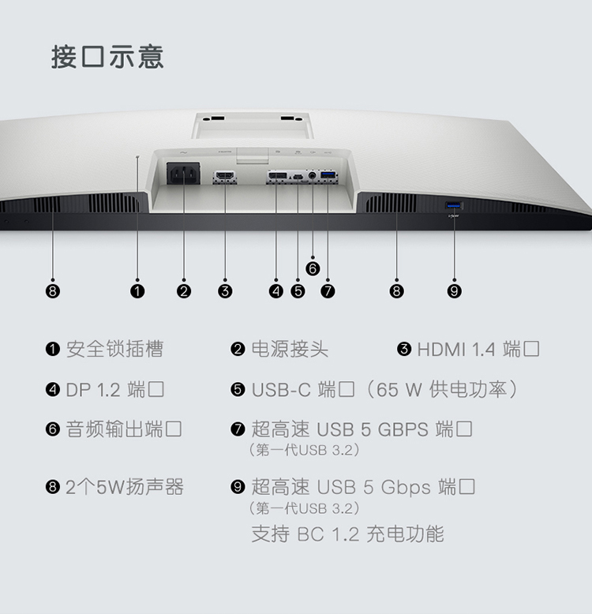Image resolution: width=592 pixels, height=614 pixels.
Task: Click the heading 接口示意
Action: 107,58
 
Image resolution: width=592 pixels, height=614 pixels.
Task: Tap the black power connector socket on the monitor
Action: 183,173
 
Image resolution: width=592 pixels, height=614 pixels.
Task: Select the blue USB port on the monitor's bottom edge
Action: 455,206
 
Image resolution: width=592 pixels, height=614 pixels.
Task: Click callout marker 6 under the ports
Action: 313,268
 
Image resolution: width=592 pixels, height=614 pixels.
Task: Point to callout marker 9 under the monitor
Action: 454,291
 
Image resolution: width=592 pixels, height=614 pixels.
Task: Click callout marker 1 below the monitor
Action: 137,291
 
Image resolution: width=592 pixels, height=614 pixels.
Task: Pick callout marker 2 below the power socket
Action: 184,291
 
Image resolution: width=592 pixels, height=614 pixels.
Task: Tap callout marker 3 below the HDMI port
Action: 225,291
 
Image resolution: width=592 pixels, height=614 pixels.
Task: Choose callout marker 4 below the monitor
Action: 275,291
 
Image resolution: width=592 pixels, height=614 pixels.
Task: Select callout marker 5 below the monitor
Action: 298,291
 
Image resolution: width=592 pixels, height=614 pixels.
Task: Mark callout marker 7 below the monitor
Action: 328,291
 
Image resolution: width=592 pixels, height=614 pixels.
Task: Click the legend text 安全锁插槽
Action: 114,349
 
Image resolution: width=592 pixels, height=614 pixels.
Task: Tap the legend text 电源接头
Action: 290,349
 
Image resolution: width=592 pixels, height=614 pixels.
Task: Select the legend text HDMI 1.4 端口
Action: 478,349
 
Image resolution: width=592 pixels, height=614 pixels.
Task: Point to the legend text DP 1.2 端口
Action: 115,390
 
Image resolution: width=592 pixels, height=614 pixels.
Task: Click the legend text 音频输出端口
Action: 124,430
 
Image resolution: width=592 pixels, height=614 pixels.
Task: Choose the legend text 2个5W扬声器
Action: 125,487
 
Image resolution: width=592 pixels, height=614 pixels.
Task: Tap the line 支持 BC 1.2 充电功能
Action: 347,534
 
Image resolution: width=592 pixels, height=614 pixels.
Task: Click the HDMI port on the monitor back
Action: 224,175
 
